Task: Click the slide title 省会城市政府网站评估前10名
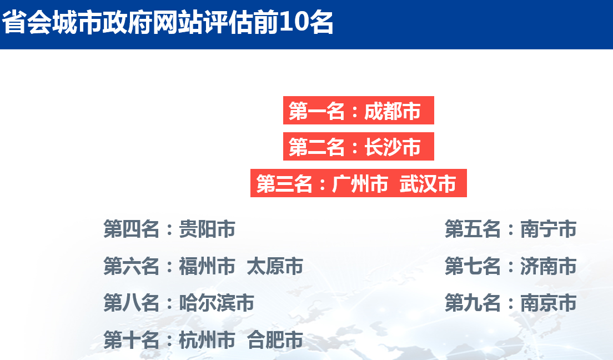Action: click(168, 22)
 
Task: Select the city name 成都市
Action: click(392, 111)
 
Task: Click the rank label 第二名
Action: click(316, 147)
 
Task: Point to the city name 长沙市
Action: click(392, 147)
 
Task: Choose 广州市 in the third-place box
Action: click(360, 183)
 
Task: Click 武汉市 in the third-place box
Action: click(428, 183)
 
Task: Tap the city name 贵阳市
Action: click(207, 229)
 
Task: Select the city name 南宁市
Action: click(548, 229)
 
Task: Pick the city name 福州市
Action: click(207, 266)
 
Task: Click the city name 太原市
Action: click(275, 266)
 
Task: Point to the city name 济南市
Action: click(548, 266)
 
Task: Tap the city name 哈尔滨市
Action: click(217, 303)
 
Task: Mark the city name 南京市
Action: click(548, 303)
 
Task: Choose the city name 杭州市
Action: click(207, 339)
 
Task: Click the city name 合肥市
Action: click(275, 339)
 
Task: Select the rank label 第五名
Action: click(473, 229)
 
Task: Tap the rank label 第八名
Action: click(132, 303)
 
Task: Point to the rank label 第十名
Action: click(132, 339)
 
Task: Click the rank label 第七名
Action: click(473, 266)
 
